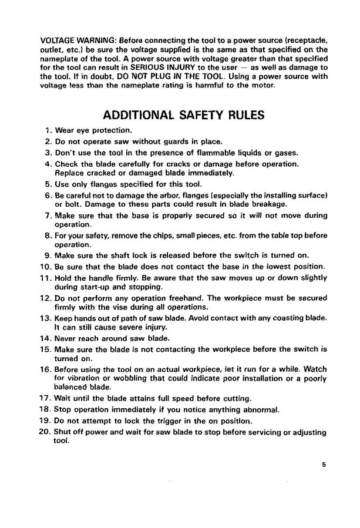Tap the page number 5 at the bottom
click(x=324, y=465)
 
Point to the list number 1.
click(x=48, y=130)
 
